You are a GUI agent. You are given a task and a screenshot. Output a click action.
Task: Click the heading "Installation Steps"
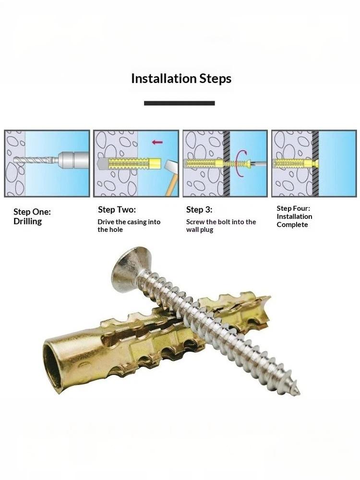[181, 79]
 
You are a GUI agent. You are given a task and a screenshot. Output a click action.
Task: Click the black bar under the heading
[180, 103]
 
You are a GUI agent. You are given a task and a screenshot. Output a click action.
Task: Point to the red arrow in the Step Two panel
[157, 142]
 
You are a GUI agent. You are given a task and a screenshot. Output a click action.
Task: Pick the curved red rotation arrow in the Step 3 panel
[241, 164]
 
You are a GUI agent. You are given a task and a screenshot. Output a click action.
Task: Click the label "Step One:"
[32, 212]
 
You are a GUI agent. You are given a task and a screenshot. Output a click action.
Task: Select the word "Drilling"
[27, 221]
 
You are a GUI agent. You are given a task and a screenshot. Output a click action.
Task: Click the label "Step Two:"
[117, 210]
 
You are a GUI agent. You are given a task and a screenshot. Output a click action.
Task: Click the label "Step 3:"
[199, 210]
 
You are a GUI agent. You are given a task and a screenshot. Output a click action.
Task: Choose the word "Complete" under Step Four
[292, 225]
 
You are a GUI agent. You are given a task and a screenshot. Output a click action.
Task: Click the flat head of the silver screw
[128, 269]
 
